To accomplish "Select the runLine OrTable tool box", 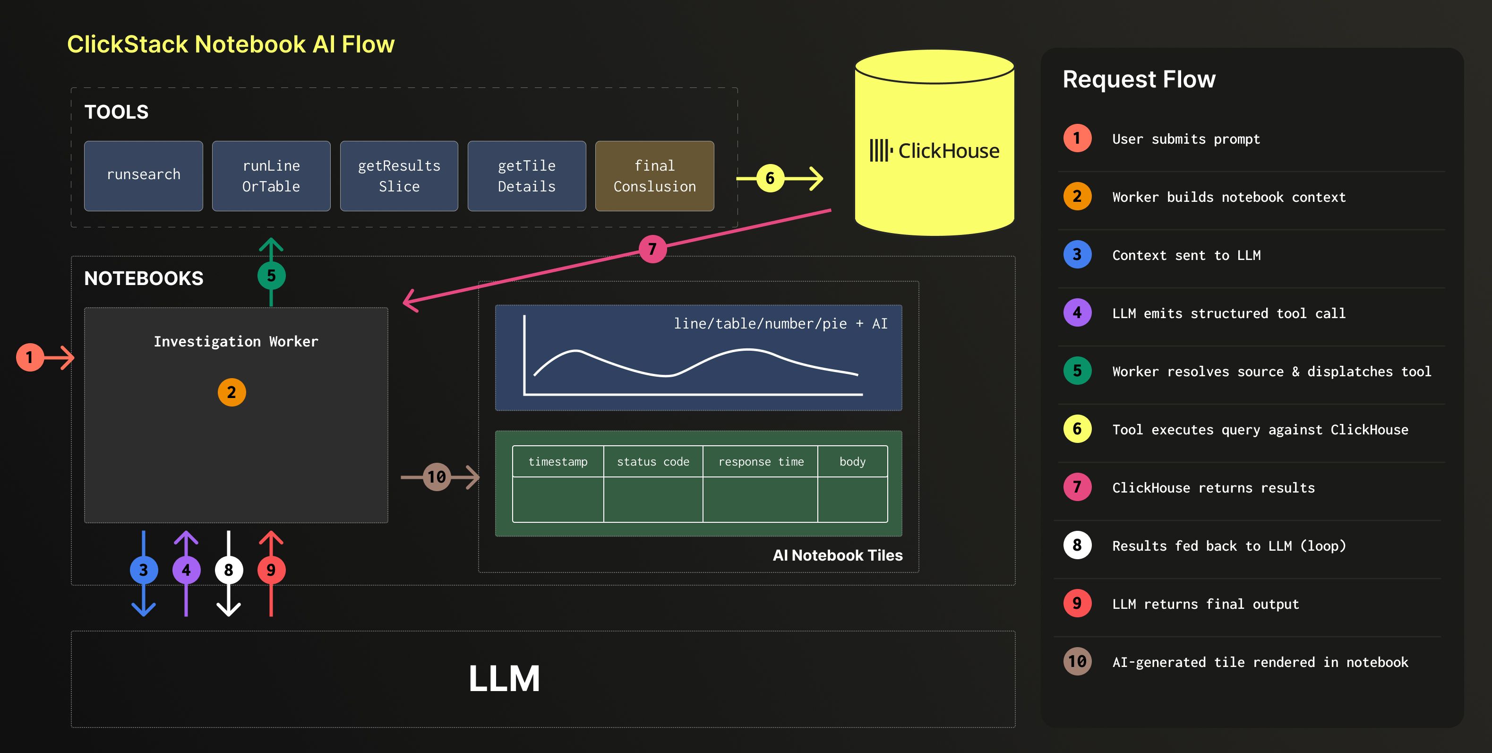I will point(271,176).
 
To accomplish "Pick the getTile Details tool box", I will point(526,176).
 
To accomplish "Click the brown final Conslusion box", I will point(654,176).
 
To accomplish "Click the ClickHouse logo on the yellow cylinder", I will point(934,151).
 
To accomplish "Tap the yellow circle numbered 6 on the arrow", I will point(770,178).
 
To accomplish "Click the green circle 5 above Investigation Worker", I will point(271,276).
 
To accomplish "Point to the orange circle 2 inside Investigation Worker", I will point(231,392).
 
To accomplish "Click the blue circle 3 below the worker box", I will point(143,570).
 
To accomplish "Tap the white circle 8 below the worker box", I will point(228,570).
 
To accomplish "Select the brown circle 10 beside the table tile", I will point(437,477).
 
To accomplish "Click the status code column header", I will point(653,461).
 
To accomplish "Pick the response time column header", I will point(761,461).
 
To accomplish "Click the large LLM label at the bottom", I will point(504,678).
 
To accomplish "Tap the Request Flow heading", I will point(1139,79).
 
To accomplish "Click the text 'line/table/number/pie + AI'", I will point(780,323).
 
